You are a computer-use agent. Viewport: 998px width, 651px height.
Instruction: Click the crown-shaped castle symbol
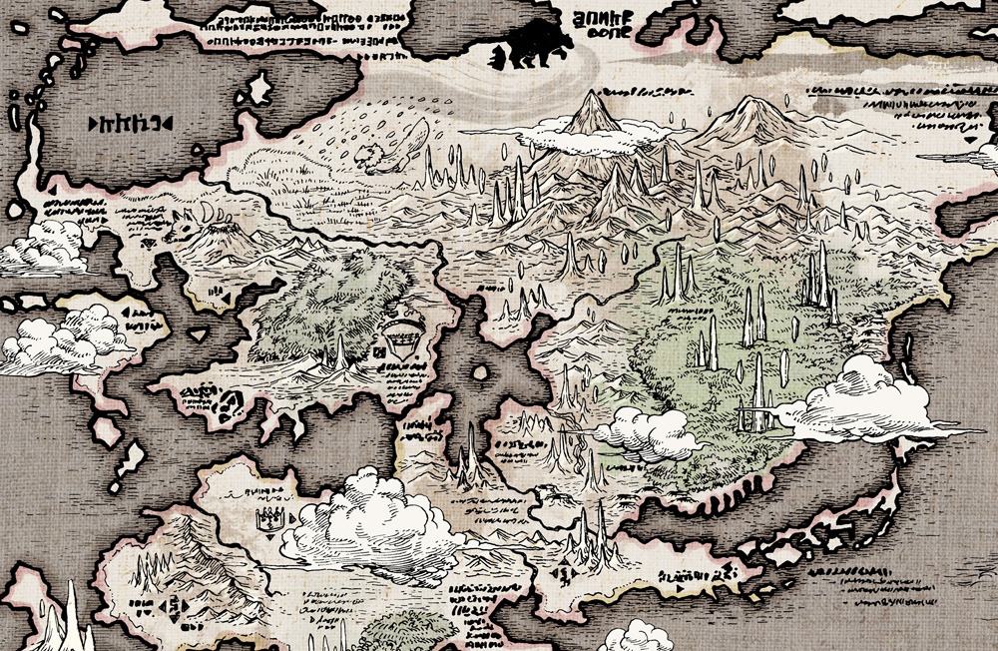tap(269, 518)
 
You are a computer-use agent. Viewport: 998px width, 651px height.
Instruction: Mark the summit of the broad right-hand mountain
tap(748, 100)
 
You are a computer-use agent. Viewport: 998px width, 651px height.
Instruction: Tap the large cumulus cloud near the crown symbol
tap(374, 519)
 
